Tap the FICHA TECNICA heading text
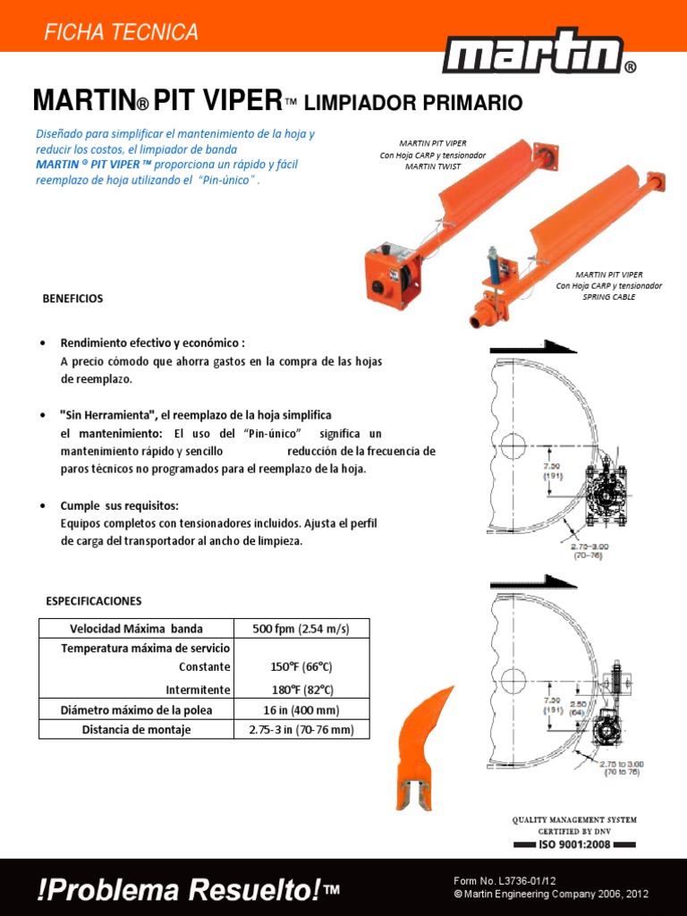pyautogui.click(x=121, y=32)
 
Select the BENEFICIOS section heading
pyautogui.click(x=72, y=299)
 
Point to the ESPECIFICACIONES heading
pyautogui.click(x=94, y=600)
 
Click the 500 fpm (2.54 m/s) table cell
pyautogui.click(x=301, y=628)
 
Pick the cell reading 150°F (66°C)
pyautogui.click(x=301, y=667)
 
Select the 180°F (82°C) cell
pyautogui.click(x=301, y=690)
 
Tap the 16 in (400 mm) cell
pyautogui.click(x=301, y=710)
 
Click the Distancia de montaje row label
pyautogui.click(x=136, y=730)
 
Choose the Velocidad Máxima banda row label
pyautogui.click(x=136, y=628)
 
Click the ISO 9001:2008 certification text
pyautogui.click(x=574, y=844)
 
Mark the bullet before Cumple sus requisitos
pyautogui.click(x=44, y=506)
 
